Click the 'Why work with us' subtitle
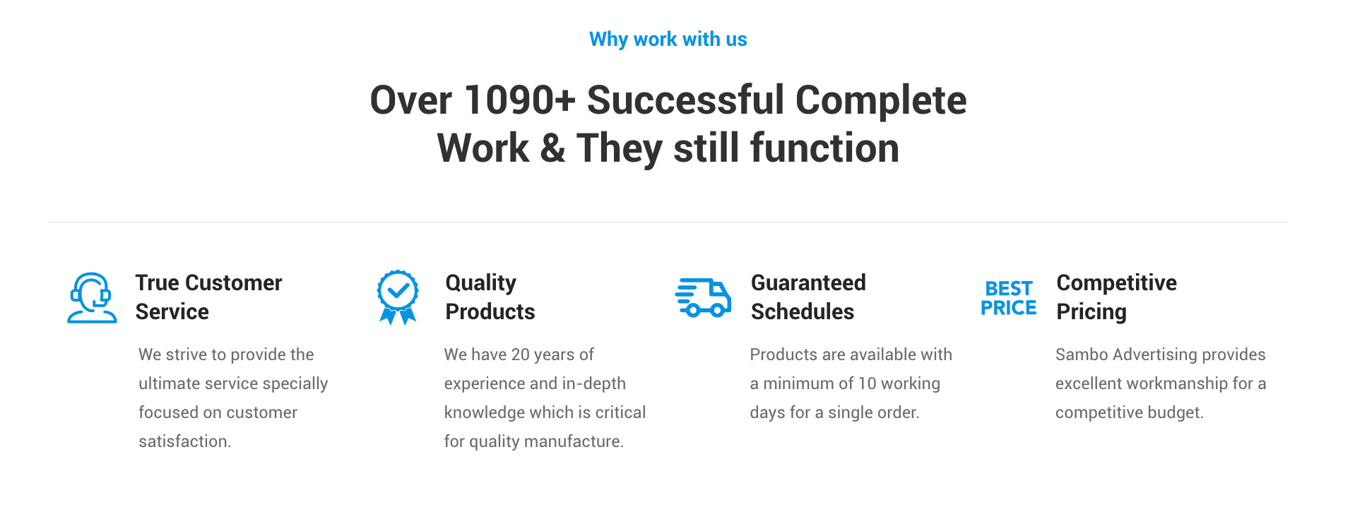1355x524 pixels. [668, 40]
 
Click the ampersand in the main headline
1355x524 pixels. [552, 148]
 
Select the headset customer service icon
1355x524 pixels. [92, 297]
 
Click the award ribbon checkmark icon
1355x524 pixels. [398, 297]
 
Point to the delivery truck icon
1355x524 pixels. [703, 297]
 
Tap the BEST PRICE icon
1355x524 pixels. [1009, 298]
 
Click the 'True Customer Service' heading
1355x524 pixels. [208, 297]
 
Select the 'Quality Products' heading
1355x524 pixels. [490, 297]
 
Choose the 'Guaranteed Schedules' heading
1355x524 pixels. [808, 297]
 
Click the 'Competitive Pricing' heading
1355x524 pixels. [1116, 297]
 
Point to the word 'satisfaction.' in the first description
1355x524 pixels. [185, 441]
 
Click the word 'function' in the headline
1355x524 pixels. [824, 148]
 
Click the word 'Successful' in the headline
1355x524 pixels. [685, 100]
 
